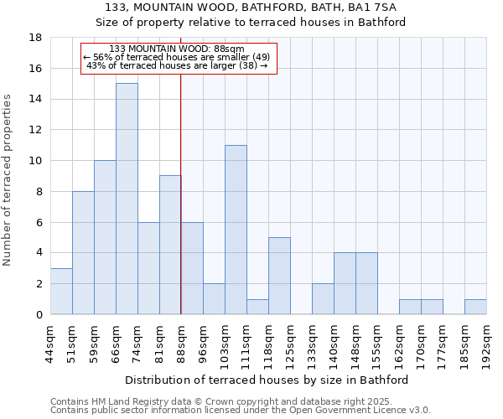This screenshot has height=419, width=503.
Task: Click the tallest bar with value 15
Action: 127,199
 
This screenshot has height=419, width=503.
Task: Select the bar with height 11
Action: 236,230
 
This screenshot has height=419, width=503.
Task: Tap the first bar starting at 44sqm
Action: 61,291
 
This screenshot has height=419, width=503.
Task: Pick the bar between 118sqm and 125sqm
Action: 279,276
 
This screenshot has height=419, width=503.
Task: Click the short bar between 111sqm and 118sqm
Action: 257,307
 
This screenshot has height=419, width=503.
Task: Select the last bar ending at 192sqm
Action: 475,307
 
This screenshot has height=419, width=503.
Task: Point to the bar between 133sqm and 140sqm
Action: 323,299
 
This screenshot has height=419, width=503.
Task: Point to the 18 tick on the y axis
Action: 35,38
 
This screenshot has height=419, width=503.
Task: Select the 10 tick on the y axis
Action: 35,161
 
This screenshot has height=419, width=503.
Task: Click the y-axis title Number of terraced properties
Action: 8,180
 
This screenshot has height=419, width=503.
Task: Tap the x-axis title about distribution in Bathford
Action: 272,380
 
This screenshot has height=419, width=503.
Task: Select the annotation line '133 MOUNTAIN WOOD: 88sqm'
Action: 177,49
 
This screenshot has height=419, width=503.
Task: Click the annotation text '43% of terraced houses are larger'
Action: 177,65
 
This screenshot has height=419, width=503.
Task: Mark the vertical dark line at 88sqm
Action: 181,209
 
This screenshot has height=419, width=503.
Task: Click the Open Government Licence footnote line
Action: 241,411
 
